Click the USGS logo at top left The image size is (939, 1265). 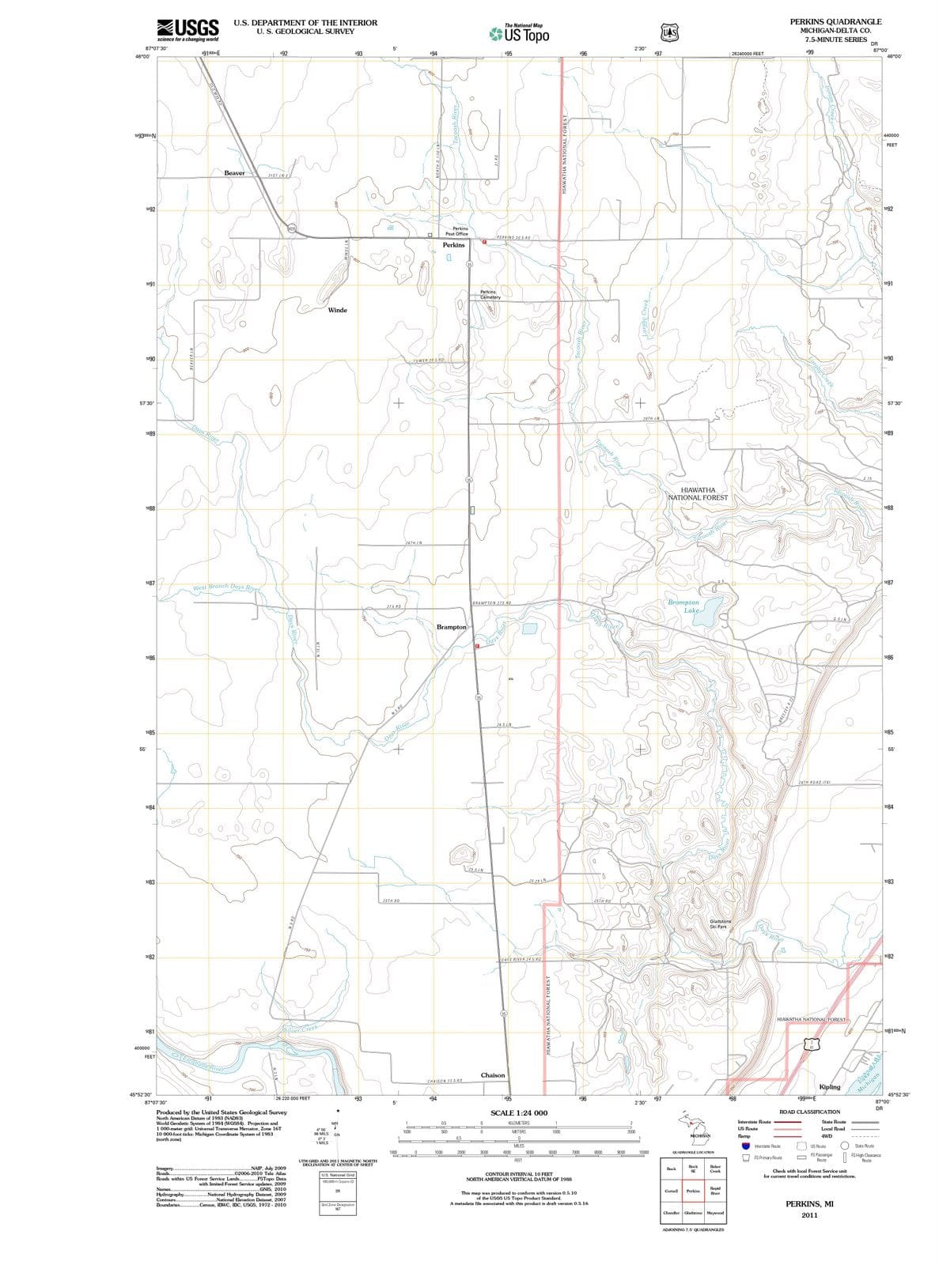click(x=187, y=29)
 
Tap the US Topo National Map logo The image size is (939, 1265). click(x=519, y=33)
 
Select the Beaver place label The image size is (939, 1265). click(x=235, y=172)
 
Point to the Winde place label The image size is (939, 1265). click(x=337, y=310)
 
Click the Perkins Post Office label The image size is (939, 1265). click(x=456, y=231)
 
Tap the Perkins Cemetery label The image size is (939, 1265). click(x=490, y=294)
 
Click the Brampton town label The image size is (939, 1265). click(x=452, y=627)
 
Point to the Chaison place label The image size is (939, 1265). click(x=493, y=1075)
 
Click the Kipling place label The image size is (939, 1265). click(x=830, y=1087)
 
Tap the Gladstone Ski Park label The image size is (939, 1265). click(x=721, y=923)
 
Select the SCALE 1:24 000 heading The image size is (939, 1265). click(x=519, y=1112)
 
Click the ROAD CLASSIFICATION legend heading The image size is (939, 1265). click(x=809, y=1112)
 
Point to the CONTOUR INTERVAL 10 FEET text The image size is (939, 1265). click(x=518, y=1174)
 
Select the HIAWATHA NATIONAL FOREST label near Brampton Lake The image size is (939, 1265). click(x=698, y=493)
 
